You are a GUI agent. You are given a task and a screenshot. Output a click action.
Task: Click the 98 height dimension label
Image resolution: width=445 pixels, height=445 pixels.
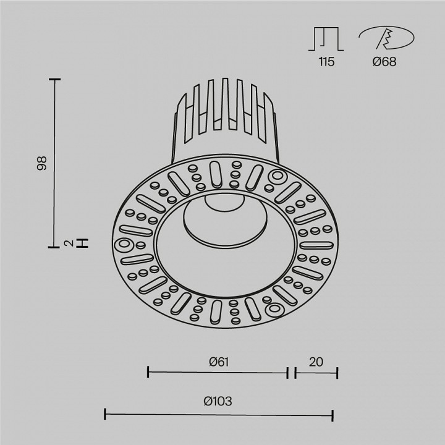tap(42, 163)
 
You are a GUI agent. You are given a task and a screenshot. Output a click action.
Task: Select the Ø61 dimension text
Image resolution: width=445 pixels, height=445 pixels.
tap(219, 362)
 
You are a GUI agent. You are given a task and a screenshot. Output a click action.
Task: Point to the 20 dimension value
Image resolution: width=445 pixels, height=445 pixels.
tap(316, 362)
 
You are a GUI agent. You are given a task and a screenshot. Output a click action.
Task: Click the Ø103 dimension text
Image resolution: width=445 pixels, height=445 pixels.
tap(218, 401)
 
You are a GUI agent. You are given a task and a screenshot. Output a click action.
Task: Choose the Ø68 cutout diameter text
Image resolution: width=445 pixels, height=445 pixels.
tap(385, 62)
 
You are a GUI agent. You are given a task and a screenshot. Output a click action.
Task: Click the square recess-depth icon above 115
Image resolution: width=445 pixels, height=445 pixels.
tap(324, 39)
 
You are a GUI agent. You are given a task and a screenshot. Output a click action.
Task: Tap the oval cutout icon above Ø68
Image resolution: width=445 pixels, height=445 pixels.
tap(386, 39)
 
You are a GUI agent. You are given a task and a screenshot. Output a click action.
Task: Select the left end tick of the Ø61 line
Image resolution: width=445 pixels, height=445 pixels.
tap(148, 372)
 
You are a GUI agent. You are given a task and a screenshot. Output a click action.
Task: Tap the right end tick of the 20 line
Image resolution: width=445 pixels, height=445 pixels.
tap(337, 372)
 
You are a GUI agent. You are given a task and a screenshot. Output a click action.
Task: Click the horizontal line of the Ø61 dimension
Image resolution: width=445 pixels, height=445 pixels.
tap(218, 372)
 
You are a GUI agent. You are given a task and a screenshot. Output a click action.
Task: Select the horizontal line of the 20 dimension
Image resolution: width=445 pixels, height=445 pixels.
tap(316, 372)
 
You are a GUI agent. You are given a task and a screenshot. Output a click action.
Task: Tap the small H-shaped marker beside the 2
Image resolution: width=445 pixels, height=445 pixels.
tap(85, 243)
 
